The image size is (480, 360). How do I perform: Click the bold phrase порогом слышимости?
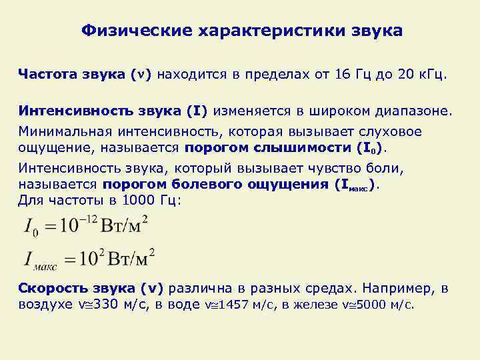[259, 147]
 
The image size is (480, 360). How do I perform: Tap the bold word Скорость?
[55, 289]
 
